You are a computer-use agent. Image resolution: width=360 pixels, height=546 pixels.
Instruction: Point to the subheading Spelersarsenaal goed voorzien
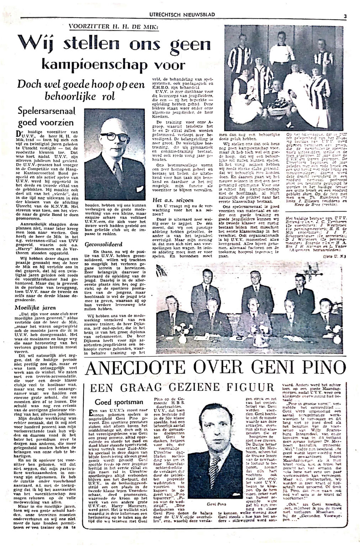(x=45, y=118)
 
